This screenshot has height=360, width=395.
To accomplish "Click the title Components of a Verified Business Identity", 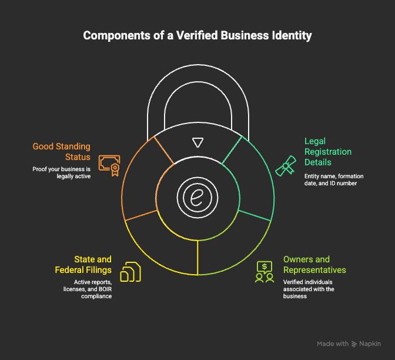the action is click(x=197, y=35).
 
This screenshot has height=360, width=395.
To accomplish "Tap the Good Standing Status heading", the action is click(x=62, y=152).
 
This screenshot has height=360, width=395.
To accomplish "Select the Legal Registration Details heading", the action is click(x=328, y=152).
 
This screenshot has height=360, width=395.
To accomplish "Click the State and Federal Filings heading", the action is click(x=85, y=264).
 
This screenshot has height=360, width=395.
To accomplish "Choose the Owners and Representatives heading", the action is click(x=314, y=264).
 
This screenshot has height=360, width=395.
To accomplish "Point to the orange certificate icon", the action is click(x=109, y=166).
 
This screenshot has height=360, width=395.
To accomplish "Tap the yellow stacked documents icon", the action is click(x=130, y=272).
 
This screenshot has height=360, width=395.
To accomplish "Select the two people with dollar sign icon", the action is click(x=265, y=272).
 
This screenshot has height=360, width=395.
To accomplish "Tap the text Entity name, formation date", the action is click(x=332, y=176).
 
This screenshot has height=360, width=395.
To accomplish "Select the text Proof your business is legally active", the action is click(x=62, y=172).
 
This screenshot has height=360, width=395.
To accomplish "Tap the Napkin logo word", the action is click(x=370, y=344).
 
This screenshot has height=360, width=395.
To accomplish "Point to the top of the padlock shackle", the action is click(x=197, y=66).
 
